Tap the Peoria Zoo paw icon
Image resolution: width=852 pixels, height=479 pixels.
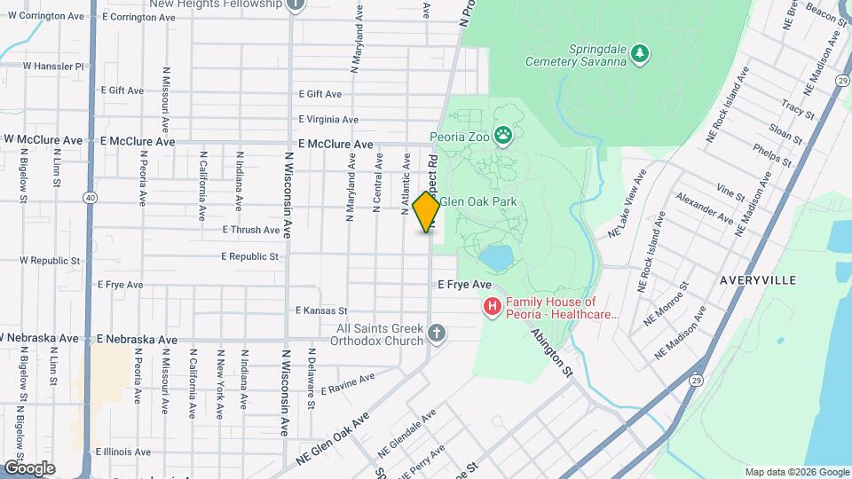click(504, 136)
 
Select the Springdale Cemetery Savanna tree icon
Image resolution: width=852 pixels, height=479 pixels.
click(640, 55)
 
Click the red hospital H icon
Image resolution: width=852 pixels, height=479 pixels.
click(492, 307)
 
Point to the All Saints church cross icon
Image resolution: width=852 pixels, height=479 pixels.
click(435, 334)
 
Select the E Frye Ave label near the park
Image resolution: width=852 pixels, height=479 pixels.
click(464, 285)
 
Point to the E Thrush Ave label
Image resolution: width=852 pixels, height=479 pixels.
click(251, 230)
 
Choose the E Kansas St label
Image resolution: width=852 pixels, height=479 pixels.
click(321, 310)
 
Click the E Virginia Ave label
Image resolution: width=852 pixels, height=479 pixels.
click(328, 120)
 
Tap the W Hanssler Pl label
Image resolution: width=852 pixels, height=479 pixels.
click(53, 66)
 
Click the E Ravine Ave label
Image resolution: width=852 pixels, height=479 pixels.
click(348, 384)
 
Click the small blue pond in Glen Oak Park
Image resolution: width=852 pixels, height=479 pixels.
click(495, 258)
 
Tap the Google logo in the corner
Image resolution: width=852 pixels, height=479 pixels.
click(28, 467)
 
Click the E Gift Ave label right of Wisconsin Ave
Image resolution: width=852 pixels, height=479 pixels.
click(320, 94)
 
